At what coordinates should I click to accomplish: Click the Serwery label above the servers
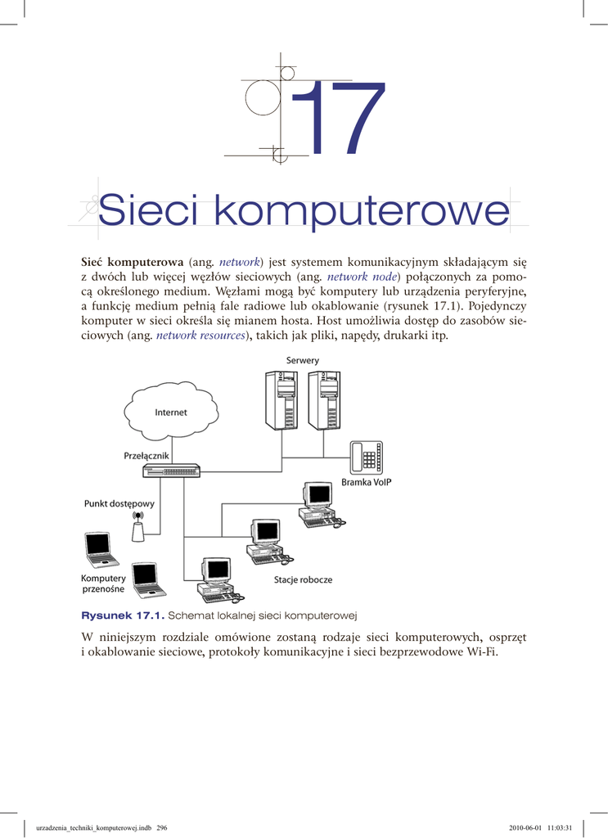point(303,361)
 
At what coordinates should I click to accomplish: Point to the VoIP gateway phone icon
point(367,457)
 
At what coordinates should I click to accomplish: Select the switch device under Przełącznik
point(171,471)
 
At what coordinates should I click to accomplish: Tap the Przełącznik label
point(147,455)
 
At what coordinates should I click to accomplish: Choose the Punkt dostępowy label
point(119,504)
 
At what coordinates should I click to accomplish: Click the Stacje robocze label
point(303,579)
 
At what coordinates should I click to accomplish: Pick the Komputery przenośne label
point(103,584)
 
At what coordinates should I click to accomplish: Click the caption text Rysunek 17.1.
point(123,615)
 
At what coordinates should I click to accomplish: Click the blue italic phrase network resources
point(200,336)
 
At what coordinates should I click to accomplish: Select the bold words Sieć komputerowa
point(132,262)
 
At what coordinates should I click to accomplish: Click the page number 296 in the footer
point(162,827)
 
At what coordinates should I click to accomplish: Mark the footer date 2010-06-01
point(527,827)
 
